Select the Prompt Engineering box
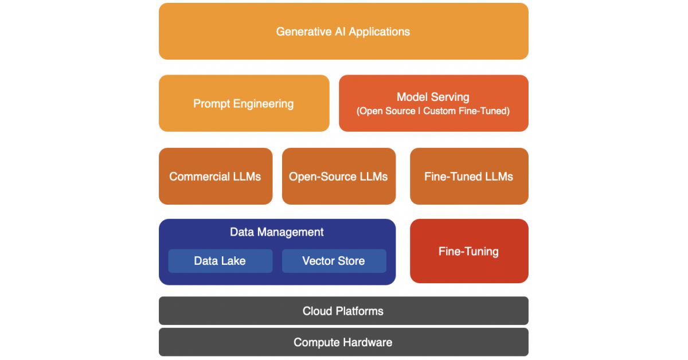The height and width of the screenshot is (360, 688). tap(244, 104)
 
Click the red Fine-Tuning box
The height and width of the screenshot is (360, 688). tap(468, 251)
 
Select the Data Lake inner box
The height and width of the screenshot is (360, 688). tap(220, 261)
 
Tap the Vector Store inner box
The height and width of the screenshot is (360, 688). tap(334, 261)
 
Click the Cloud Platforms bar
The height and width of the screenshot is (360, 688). tap(343, 311)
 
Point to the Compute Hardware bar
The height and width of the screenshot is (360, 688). tap(343, 342)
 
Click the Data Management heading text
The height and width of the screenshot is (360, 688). tap(277, 232)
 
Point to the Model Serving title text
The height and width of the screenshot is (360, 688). tap(433, 97)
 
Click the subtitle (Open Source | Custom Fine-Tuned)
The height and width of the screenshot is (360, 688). tap(433, 111)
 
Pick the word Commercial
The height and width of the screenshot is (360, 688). tap(198, 177)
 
